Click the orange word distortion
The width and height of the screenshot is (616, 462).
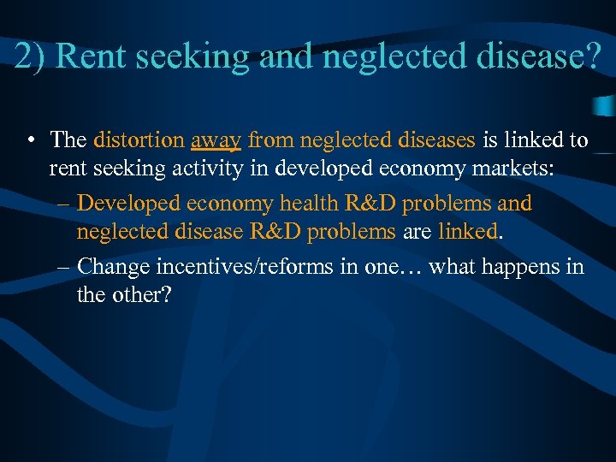pos(139,139)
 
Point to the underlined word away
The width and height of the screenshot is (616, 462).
pos(216,140)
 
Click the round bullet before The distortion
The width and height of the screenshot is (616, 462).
pos(31,140)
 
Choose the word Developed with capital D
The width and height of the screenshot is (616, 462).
pos(126,204)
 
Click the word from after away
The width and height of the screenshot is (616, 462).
pos(272,139)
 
